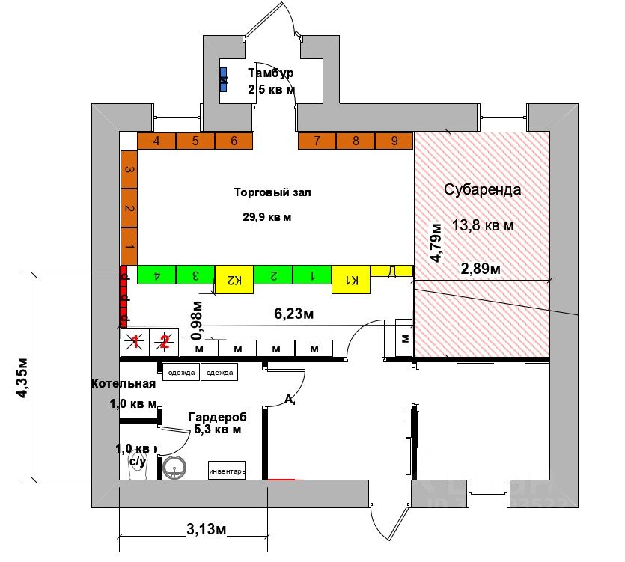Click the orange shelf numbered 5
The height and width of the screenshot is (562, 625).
click(x=195, y=141)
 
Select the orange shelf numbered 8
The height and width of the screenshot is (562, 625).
click(x=356, y=141)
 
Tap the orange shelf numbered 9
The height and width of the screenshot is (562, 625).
click(x=394, y=141)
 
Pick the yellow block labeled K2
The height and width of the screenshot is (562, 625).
click(x=234, y=280)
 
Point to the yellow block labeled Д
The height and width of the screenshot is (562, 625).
click(x=391, y=270)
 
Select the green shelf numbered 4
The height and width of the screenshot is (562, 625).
click(x=156, y=275)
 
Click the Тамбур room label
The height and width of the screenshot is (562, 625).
click(x=271, y=73)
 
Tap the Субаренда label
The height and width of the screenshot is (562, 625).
click(x=483, y=189)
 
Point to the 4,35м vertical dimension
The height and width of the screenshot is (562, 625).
click(x=22, y=377)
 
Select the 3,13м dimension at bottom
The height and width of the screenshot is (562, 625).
click(x=207, y=530)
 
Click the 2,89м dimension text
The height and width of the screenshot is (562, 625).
click(x=481, y=268)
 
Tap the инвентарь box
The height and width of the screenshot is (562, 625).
click(x=226, y=471)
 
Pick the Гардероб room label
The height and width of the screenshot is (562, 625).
click(x=217, y=417)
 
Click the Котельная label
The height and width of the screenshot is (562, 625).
click(x=124, y=384)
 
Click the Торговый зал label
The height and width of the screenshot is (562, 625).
click(x=272, y=192)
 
